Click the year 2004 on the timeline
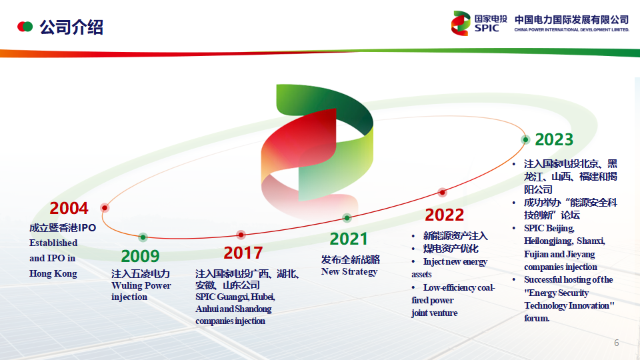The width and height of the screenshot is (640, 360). (x=69, y=208)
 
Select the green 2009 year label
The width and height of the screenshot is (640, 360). (x=140, y=256)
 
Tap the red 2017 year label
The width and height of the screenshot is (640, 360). (x=243, y=253)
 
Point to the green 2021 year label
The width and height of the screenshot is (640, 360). (x=349, y=239)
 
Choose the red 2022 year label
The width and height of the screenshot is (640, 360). (x=444, y=215)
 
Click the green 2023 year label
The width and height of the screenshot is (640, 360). (x=554, y=139)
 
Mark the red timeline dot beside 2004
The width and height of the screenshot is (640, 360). (x=105, y=208)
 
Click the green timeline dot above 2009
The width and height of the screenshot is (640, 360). (x=143, y=237)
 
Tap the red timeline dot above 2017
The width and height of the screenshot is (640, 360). (x=241, y=235)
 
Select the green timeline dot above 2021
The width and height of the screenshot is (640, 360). (x=347, y=218)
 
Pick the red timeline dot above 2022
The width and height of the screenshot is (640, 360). (x=442, y=192)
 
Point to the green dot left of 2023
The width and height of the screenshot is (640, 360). (x=525, y=139)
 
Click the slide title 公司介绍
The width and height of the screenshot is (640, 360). (x=71, y=27)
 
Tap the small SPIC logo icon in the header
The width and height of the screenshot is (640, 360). (x=461, y=23)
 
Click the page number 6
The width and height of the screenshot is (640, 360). (x=616, y=343)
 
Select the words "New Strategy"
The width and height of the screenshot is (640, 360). (x=349, y=272)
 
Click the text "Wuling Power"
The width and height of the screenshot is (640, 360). (x=141, y=286)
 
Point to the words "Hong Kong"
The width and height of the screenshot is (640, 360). (x=53, y=274)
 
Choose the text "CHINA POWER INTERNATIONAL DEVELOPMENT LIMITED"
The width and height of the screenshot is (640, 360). (x=571, y=30)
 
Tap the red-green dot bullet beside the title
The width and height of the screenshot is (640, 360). (x=25, y=27)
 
